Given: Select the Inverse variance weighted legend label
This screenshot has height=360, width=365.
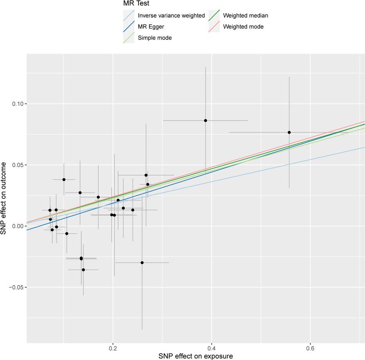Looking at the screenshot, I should (171, 16).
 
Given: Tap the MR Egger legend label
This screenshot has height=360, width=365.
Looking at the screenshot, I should (151, 27).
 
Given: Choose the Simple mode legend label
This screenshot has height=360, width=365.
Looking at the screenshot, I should (155, 38).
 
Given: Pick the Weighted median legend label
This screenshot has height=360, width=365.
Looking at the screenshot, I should (245, 16).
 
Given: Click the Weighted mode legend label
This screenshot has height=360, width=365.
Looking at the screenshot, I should (243, 27).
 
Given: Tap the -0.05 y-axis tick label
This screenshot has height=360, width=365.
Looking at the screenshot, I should (17, 288).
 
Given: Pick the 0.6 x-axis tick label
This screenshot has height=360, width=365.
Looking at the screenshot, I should (310, 348).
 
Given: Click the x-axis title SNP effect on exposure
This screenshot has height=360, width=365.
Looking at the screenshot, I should (196, 356).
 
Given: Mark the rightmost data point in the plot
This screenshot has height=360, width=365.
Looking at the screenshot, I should (289, 133).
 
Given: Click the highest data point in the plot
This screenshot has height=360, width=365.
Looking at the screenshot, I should (205, 120).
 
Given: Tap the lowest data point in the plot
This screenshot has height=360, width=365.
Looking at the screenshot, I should (83, 270).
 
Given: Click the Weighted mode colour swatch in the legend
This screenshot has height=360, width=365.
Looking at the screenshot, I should (214, 27).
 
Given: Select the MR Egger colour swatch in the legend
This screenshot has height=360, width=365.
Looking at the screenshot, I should (129, 27).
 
